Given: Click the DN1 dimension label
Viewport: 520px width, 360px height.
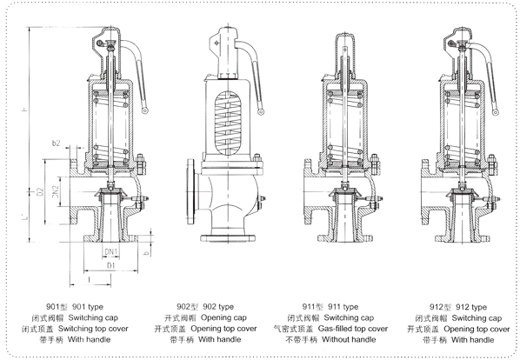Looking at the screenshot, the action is pos(111,252).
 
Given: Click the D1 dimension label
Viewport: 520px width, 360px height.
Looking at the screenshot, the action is pos(110,266).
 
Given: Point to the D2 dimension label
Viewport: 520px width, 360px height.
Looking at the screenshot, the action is pos(40,192).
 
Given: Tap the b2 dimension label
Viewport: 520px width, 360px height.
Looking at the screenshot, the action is pos(56,143).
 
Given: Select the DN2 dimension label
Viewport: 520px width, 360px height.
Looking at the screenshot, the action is pos(56,191).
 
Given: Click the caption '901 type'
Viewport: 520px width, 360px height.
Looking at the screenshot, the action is pos(88,307).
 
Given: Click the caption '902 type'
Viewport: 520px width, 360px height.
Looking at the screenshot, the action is pos(218,307).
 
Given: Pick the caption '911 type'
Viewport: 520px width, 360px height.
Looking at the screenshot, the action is pos(343,307).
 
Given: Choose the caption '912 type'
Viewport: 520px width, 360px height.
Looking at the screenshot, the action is pos(471,307).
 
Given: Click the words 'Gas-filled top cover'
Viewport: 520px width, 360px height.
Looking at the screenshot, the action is pos(353,329).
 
